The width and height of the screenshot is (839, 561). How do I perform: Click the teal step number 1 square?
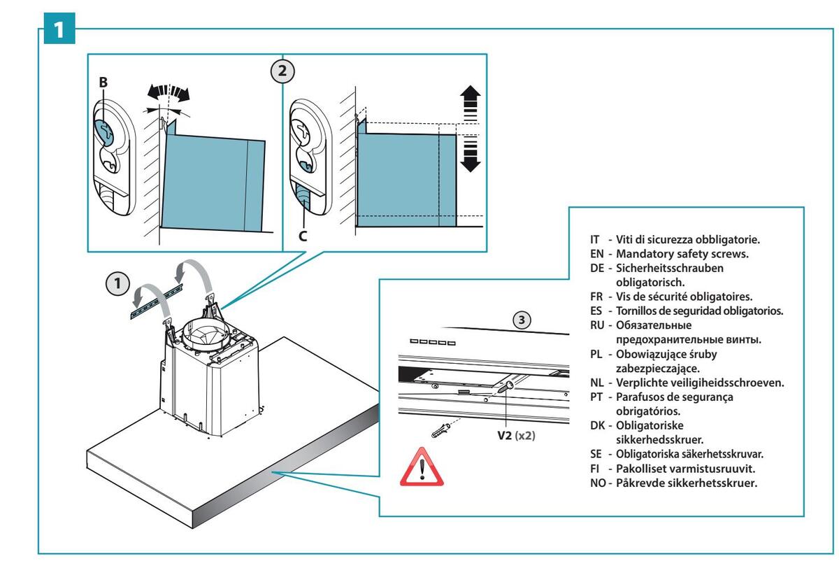coord(59,28)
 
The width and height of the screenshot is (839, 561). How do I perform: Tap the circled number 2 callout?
coord(282,71)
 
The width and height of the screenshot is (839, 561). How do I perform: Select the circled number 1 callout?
coord(117,283)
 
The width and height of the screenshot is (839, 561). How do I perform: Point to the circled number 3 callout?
coord(522,320)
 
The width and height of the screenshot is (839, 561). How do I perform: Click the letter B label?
coord(103,82)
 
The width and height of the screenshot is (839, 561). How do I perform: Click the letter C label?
coord(303,236)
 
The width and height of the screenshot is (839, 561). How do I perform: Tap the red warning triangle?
coord(422,467)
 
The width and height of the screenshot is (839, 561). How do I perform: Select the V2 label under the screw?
coord(504,436)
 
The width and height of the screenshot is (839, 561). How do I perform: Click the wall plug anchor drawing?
coord(440,430)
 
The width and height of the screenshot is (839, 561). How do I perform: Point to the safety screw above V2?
coord(505,387)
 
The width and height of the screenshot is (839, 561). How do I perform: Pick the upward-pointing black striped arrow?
coord(471,103)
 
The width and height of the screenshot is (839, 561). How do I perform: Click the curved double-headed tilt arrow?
coord(168,92)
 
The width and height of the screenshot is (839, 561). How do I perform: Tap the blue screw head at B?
coord(103,134)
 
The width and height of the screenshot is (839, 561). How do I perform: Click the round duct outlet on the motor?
coord(205,333)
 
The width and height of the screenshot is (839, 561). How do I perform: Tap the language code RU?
coord(597,325)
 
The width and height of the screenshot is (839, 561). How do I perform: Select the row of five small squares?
coord(433,342)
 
